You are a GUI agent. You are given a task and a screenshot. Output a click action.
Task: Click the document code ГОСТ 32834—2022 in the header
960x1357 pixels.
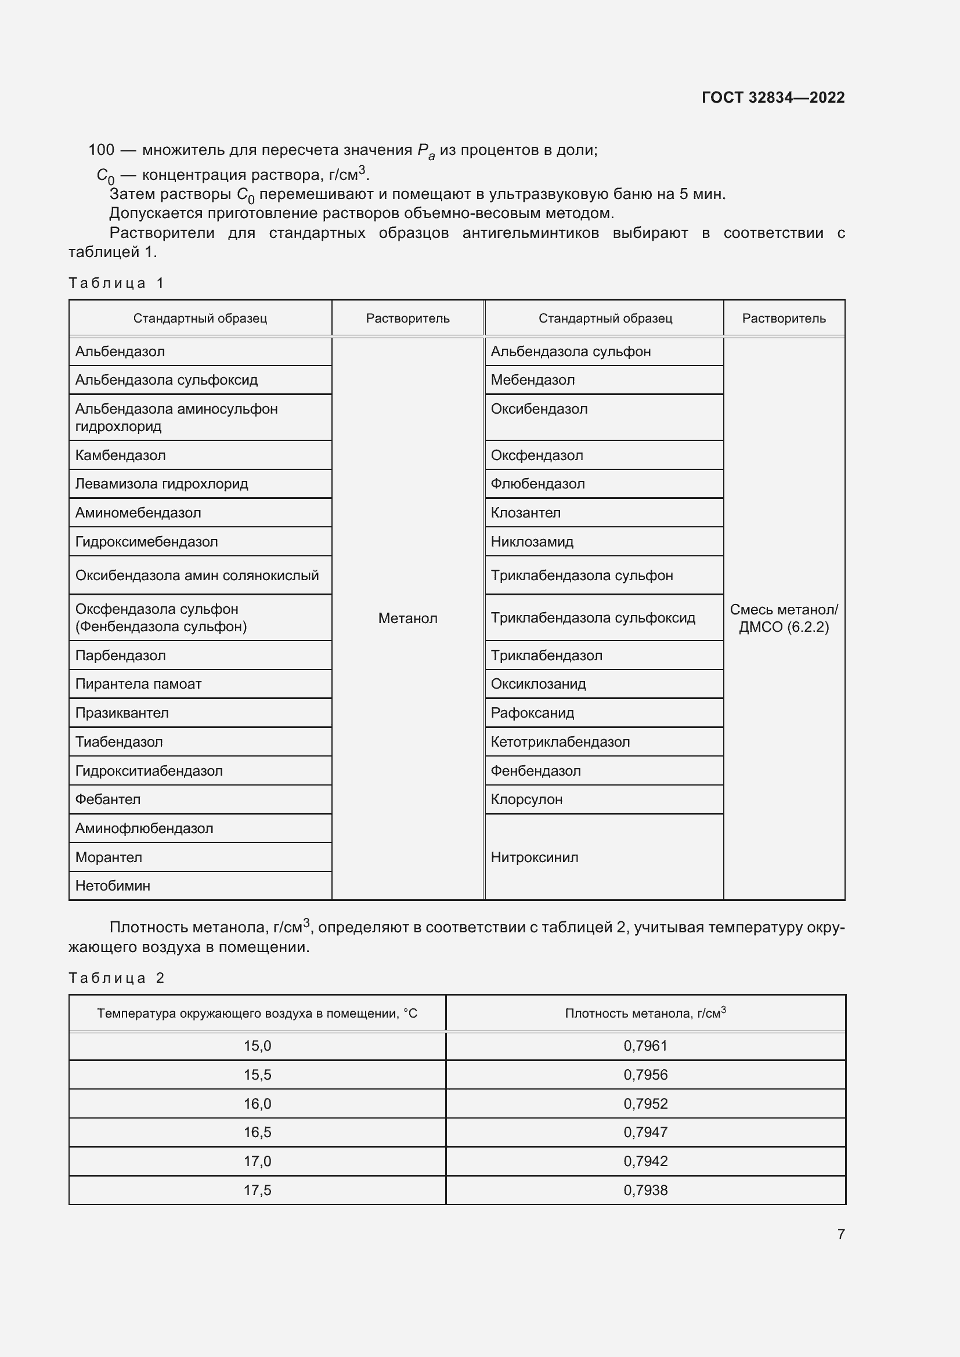click(x=773, y=97)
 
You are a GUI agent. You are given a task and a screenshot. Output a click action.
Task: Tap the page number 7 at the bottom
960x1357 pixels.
click(x=840, y=1234)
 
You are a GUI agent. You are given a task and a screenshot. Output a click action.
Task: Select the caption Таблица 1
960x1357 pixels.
click(x=116, y=283)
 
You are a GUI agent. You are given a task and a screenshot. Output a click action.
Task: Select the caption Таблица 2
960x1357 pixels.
click(x=116, y=978)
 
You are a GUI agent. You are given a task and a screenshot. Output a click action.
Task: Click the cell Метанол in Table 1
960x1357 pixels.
click(x=407, y=618)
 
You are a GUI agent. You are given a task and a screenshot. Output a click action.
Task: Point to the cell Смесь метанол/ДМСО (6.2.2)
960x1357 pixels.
click(x=783, y=618)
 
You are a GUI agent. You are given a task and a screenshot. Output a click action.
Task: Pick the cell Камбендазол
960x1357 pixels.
click(x=121, y=455)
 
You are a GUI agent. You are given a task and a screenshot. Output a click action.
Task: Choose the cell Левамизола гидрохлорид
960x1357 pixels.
click(x=161, y=484)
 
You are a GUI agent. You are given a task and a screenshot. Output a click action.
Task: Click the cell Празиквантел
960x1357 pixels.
click(x=122, y=713)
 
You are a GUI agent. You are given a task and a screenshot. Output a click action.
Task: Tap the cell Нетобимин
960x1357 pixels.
click(x=113, y=885)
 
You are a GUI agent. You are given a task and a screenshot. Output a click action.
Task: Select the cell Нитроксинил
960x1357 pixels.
click(x=534, y=857)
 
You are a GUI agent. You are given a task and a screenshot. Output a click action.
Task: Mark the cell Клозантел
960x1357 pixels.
click(x=525, y=513)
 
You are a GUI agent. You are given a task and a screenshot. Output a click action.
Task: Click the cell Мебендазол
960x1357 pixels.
click(x=532, y=380)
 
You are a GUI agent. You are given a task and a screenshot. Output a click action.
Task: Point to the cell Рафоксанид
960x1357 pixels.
click(x=532, y=713)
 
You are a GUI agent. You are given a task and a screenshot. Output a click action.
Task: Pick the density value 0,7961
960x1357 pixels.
click(x=645, y=1046)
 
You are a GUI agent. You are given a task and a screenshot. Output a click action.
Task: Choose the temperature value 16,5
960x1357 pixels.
click(x=257, y=1132)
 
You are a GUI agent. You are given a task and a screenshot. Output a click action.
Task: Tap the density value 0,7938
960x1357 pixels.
click(x=645, y=1190)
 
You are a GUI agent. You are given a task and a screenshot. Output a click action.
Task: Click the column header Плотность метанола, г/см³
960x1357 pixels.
click(x=645, y=1014)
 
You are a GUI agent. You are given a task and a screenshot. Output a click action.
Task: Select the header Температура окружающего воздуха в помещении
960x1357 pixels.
click(x=257, y=1014)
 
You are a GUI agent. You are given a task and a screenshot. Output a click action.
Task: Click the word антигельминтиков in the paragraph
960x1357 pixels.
click(x=530, y=233)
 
